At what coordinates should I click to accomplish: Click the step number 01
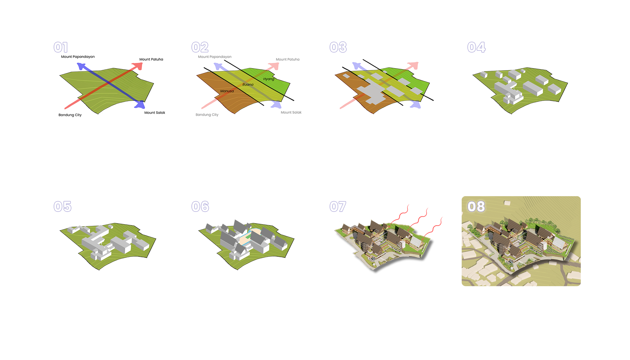61,47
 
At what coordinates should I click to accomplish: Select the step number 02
200,47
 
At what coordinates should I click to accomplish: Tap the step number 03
338,47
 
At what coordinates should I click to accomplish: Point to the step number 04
476,47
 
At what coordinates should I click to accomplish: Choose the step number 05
62,207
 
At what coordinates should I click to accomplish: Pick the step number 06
200,207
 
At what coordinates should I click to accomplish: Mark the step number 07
338,207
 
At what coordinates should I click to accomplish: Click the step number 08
476,207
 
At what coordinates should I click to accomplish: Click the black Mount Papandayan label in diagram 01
78,57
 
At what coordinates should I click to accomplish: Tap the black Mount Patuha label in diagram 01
151,59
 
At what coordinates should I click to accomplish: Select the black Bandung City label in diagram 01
70,115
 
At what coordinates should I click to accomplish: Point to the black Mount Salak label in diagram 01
155,113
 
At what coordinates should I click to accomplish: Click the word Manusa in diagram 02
227,91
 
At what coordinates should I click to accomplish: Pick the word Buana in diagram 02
248,85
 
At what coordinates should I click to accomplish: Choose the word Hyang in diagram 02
269,79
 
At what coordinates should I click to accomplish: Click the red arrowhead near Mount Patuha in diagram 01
138,66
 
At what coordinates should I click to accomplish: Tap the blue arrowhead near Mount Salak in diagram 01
140,105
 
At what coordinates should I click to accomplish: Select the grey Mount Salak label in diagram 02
291,112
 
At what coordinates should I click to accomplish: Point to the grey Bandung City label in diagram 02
207,115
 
